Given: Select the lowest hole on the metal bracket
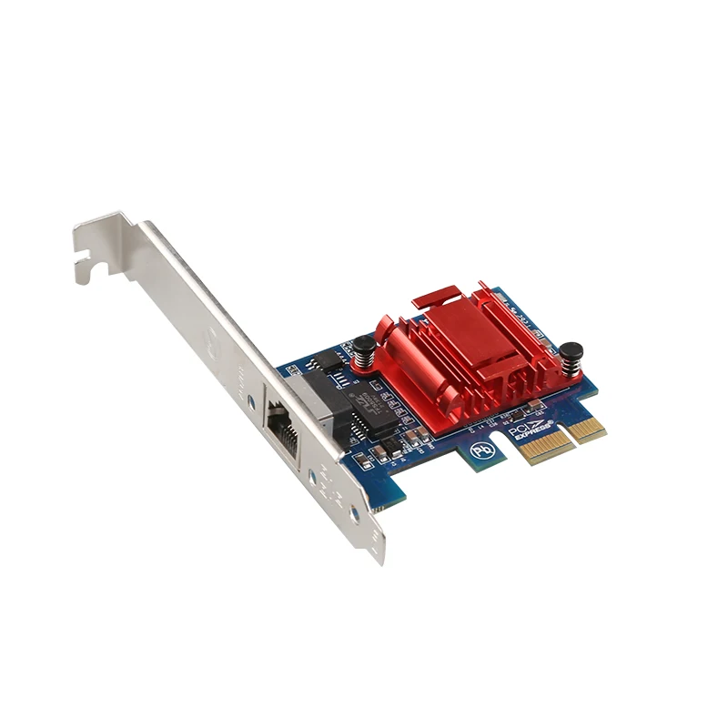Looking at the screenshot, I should pos(354,515).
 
